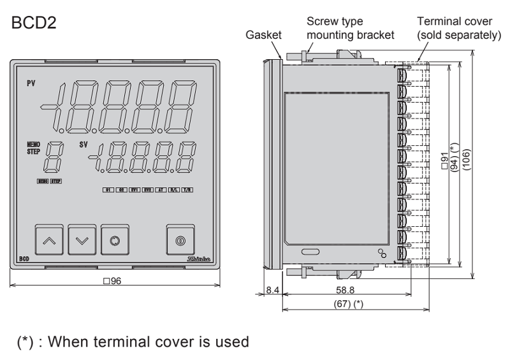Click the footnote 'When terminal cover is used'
pyautogui.click(x=132, y=343)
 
